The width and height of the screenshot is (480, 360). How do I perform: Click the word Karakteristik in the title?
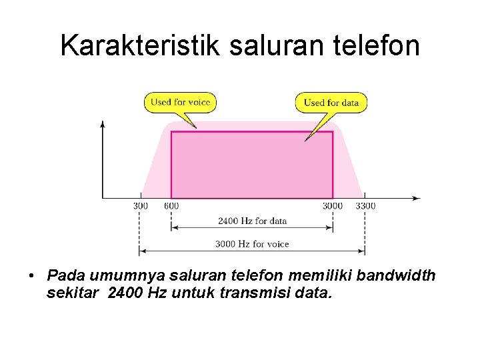coord(140,45)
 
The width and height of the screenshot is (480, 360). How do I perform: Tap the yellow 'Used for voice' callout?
coord(180,102)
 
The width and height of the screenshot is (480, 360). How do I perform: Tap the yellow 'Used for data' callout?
coord(331,103)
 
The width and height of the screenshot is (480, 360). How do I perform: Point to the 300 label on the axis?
coord(140,206)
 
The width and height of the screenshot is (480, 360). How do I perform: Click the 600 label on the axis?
coord(171,206)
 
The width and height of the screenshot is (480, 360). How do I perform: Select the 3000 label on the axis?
coord(333,206)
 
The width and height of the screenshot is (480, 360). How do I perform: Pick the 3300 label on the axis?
coord(365,206)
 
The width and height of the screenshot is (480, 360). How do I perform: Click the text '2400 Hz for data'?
coord(252,221)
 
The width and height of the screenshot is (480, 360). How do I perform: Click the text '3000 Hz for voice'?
coord(252,244)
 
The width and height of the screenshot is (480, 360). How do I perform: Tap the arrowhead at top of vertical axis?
coord(102,123)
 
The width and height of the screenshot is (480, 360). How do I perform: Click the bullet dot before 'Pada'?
coord(31,276)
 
